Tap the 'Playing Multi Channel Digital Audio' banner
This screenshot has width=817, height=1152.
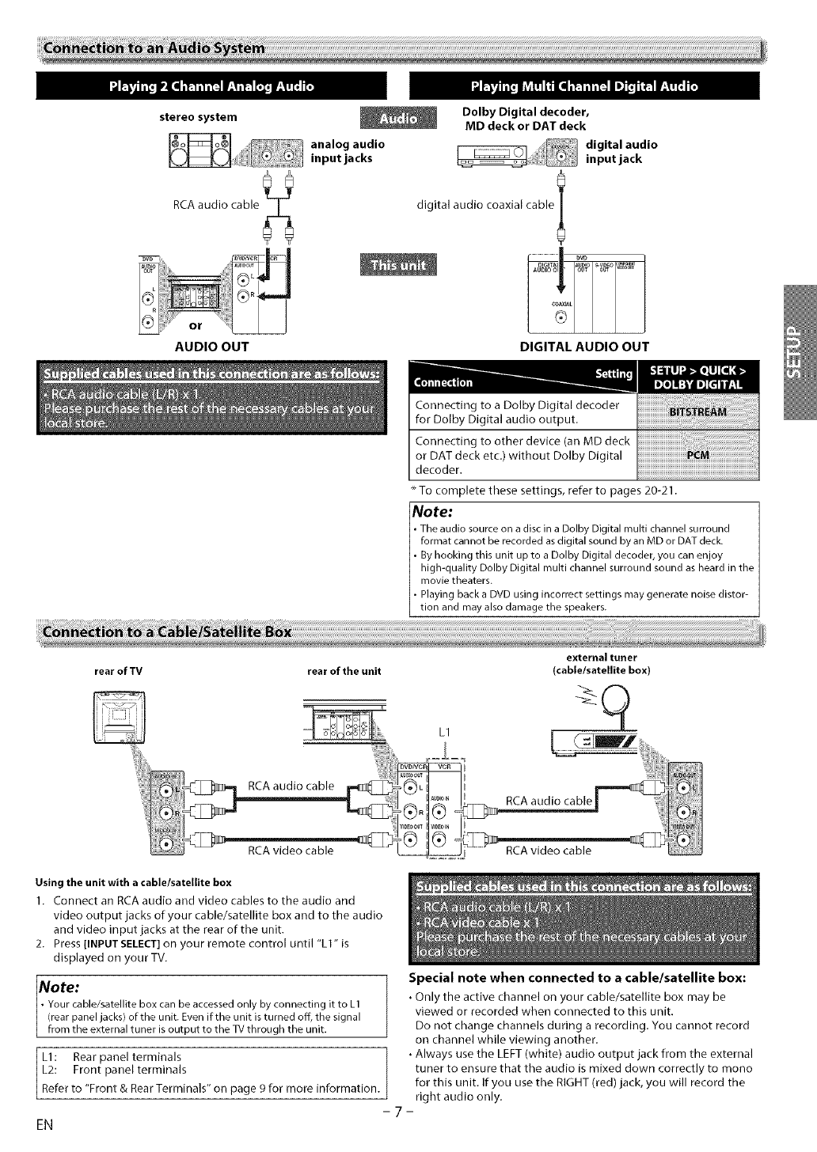tap(583, 86)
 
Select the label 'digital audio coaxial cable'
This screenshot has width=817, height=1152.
tap(485, 206)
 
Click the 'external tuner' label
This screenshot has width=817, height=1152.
tap(602, 657)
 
